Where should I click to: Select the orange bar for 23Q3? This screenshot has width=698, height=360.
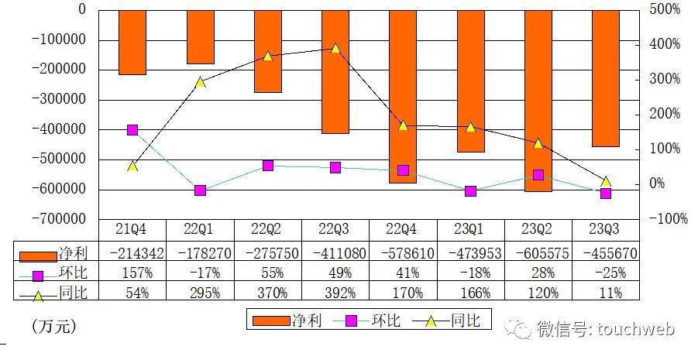pos(606,77)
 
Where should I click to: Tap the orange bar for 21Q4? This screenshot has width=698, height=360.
pos(132,42)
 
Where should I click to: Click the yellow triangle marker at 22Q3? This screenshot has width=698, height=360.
pos(335,48)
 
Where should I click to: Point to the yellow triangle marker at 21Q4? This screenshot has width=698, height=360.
pos(132,165)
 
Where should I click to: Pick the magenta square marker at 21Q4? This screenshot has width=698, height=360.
pos(132,130)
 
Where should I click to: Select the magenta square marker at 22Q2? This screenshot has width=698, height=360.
pos(268,165)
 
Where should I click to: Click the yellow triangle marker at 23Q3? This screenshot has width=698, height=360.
pos(606,180)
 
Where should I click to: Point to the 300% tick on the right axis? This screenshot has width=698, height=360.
pos(664,79)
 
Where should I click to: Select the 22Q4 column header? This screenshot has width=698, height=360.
pos(403,229)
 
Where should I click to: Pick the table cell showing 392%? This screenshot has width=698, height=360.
pos(335,293)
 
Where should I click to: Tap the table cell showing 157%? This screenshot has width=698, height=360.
pos(132,273)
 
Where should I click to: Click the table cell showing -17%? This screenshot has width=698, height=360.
pos(200,273)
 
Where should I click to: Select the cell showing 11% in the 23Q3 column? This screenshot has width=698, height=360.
pos(606,293)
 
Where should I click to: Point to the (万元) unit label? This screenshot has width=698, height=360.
pos(54,326)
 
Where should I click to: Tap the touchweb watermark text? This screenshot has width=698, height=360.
pos(635,328)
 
